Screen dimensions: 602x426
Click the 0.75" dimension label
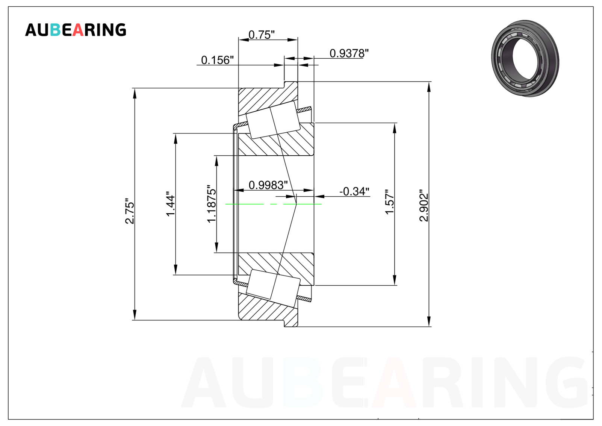pos(262,35)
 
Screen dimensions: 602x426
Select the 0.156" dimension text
pos(217,60)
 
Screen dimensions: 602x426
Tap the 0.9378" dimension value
pos(349,53)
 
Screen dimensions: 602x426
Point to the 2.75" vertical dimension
pos(130,211)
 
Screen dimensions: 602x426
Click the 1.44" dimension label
pos(171,204)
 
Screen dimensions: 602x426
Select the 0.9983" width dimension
pos(268,185)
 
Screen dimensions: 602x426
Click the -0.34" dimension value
pos(354,191)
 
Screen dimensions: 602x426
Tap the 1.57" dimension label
pos(389,202)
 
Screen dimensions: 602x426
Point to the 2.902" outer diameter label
pos(424,205)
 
